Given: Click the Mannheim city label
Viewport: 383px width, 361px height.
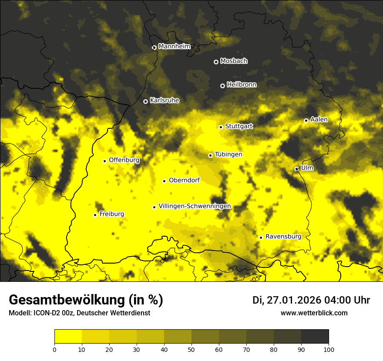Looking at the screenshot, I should pos(174,47).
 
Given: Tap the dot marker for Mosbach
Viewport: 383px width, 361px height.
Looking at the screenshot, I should pos(216,62).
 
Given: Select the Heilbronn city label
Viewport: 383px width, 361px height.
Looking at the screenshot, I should pos(242,85).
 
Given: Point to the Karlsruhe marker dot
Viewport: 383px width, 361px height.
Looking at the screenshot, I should pos(145,101).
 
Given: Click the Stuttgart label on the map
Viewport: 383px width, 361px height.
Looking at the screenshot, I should pos(239,126).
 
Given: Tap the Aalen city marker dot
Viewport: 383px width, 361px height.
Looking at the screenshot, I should pos(306,120).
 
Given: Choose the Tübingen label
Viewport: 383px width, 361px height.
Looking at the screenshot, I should pos(228,154).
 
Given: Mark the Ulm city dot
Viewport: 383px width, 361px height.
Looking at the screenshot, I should pos(296,169).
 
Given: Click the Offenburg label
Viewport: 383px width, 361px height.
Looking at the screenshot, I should pos(124,160).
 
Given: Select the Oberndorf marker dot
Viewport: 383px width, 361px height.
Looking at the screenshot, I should pos(164,181).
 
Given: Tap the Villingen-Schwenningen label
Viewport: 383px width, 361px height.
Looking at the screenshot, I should pos(195,206).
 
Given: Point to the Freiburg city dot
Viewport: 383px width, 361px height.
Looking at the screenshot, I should pos(95,215).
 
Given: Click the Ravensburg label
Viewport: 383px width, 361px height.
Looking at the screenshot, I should pos(283,237).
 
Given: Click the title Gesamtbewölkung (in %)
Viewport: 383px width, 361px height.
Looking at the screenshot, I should pos(86,300).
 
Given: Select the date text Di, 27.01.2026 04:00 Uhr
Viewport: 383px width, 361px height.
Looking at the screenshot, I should pos(311,300).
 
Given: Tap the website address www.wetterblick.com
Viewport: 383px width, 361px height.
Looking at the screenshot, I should pos(314,313).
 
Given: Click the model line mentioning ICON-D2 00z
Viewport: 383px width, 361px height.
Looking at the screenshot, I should pos(79,313).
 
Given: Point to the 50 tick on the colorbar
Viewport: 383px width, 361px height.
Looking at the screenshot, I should pos(191,349).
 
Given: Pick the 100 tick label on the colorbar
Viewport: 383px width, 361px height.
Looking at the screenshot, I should pos(329,349).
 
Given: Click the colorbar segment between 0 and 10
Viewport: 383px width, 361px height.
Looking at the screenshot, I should pos(68,337).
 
